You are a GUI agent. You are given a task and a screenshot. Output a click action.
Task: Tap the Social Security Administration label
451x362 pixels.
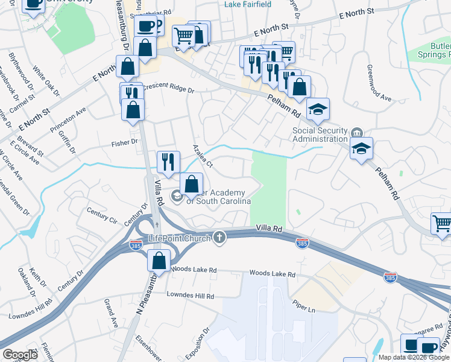pyautogui.click(x=320, y=135)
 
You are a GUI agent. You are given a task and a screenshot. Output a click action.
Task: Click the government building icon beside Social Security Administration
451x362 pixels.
pyautogui.click(x=357, y=133)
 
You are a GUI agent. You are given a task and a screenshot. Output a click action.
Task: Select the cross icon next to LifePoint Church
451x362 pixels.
pyautogui.click(x=219, y=238)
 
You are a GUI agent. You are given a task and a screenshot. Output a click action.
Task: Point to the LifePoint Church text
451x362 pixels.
pyautogui.click(x=180, y=239)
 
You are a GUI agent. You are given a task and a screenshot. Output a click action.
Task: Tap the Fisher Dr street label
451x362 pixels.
pyautogui.click(x=125, y=142)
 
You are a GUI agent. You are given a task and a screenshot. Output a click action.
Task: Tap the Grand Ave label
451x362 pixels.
pyautogui.click(x=110, y=311)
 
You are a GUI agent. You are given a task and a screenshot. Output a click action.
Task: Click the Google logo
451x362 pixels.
pyautogui.click(x=20, y=355)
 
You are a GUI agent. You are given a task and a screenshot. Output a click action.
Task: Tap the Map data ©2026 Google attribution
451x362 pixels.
pyautogui.click(x=413, y=357)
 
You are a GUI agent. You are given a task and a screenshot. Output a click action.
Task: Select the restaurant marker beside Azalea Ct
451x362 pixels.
pyautogui.click(x=168, y=161)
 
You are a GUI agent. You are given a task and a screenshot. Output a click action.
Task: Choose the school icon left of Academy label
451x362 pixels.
pyautogui.click(x=176, y=195)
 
